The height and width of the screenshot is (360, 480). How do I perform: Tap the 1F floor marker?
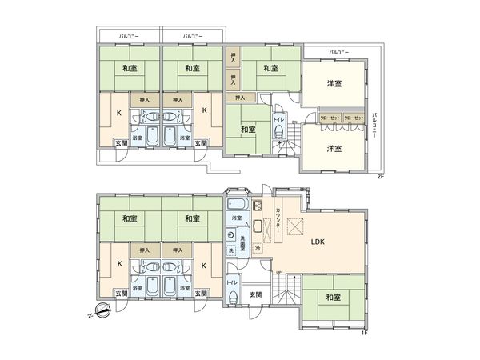[x=364, y=333]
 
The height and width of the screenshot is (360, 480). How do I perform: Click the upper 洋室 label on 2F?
[x=334, y=84]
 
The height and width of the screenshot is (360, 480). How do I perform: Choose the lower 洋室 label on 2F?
[x=334, y=149]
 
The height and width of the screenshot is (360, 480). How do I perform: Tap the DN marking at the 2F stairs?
[x=294, y=122]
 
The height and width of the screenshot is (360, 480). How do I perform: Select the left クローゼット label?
[x=330, y=118]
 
